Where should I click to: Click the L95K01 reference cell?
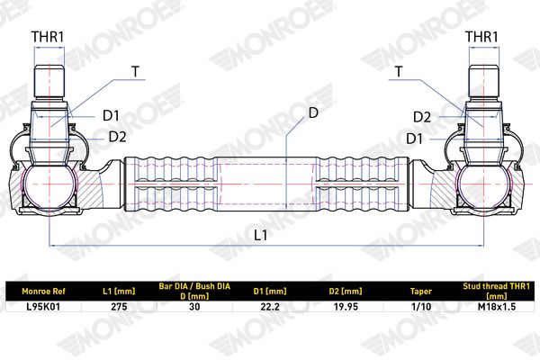coord(43,306)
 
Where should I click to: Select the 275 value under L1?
coord(119,306)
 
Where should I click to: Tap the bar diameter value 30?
coord(194,306)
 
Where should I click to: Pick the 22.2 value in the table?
coord(270,306)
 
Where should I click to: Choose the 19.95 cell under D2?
coord(346,306)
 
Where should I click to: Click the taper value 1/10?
coord(421,306)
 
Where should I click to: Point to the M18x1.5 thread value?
coord(497,306)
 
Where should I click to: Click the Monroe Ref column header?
coord(43,292)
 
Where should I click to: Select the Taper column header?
coord(421,292)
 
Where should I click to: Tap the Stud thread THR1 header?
coord(497,291)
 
